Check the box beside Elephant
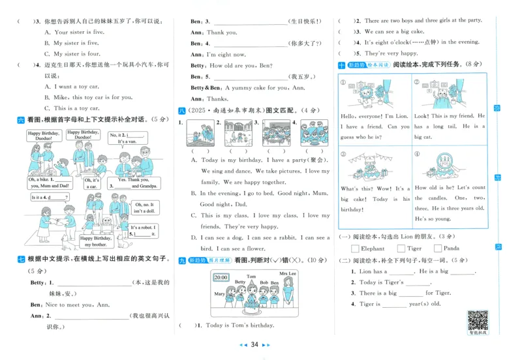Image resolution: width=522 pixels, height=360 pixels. point(355,248)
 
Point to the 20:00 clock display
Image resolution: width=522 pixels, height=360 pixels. point(221,277)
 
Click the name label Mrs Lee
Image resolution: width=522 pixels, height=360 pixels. point(287,273)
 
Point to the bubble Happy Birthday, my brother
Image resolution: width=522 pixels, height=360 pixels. point(96,242)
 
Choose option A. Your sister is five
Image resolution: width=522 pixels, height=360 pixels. point(72,32)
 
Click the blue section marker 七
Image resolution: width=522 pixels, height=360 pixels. point(21,259)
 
